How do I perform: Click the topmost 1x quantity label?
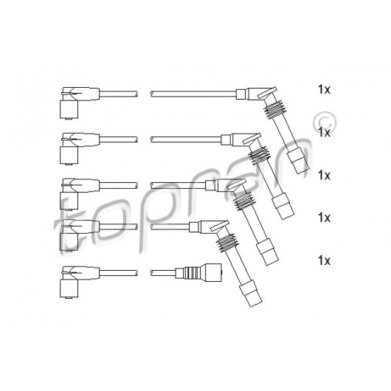324,89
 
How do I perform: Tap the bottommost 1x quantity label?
324,260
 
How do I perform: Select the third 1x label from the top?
324,176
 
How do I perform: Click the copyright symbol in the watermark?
324,122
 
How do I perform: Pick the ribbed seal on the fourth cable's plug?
226,243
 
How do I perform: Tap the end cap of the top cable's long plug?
297,160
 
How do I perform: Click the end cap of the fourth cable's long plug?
251,293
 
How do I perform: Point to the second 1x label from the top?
324,132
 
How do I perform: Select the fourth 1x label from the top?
324,218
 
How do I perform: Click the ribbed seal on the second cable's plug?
260,155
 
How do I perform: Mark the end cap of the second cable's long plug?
283,206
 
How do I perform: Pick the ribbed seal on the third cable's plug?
243,201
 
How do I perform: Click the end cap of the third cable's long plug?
267,252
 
